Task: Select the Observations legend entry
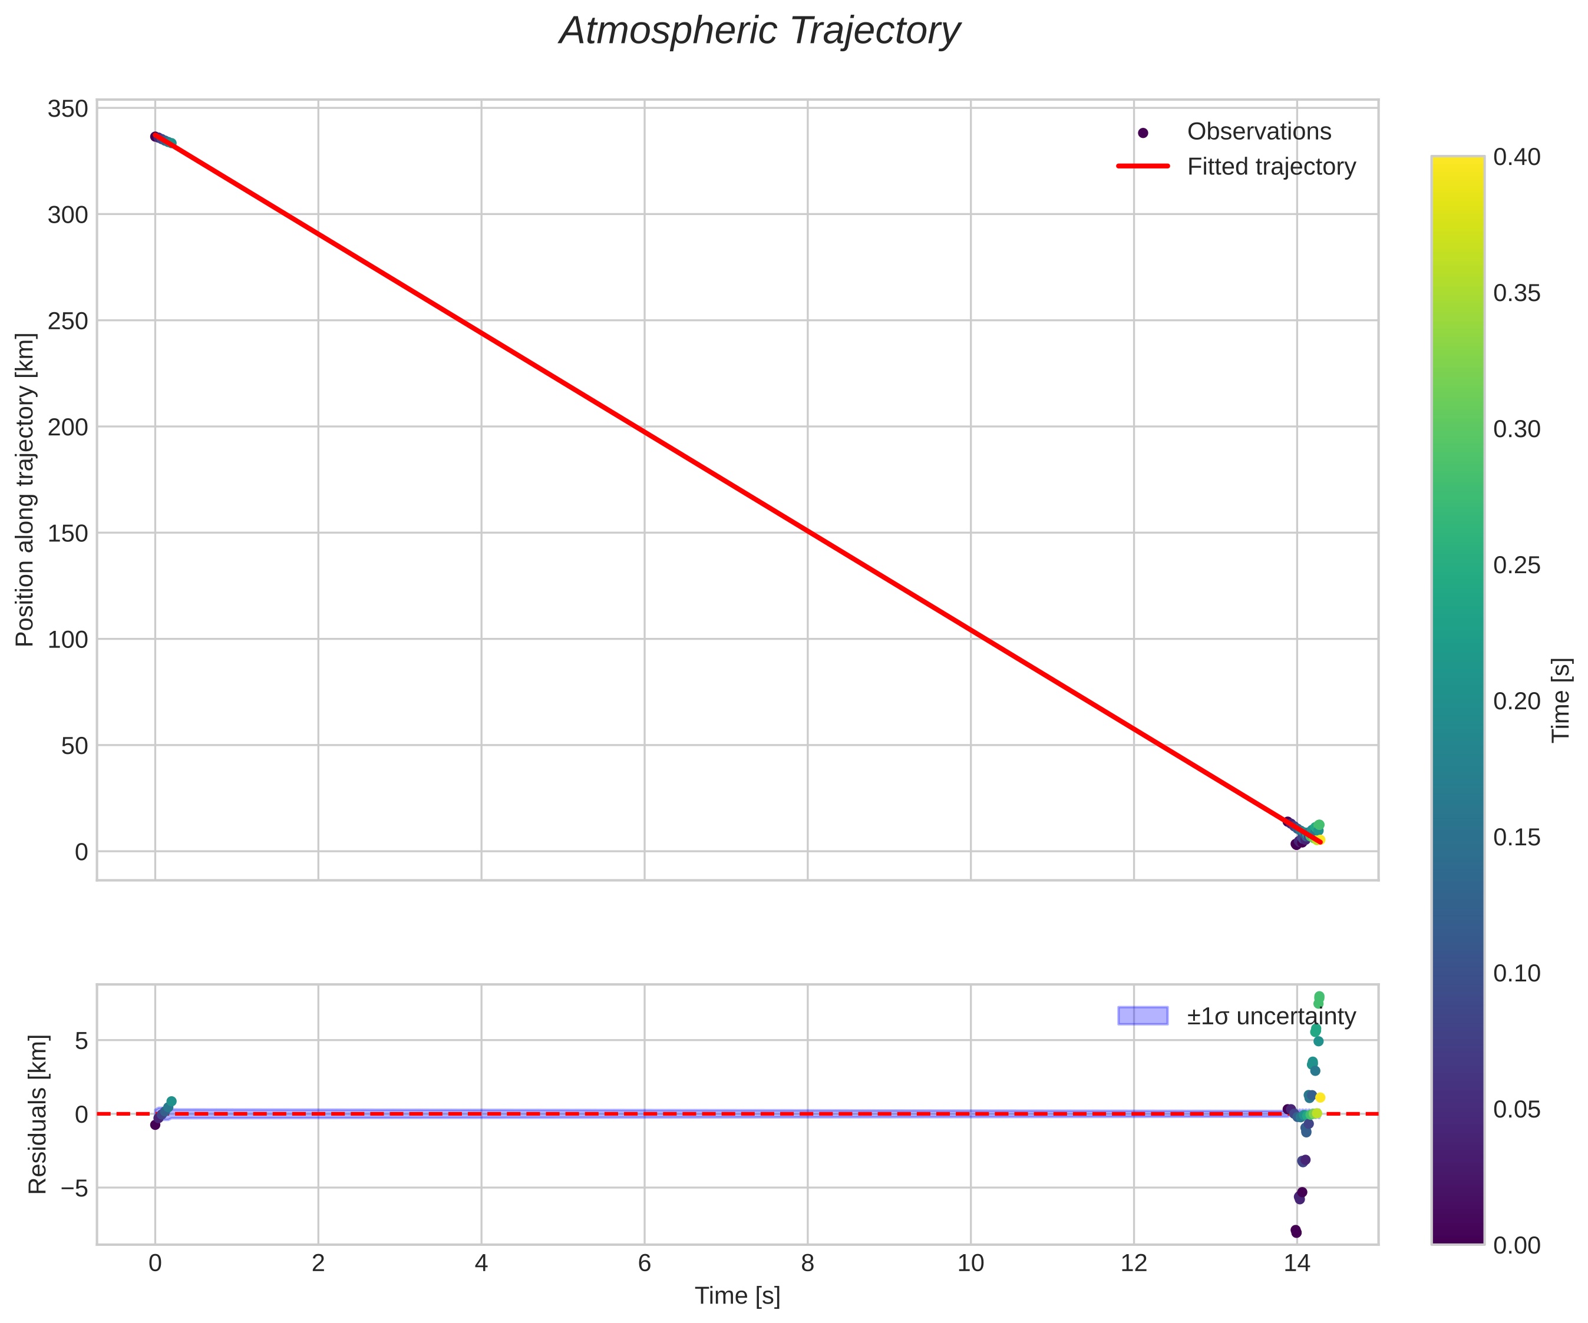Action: pyautogui.click(x=1258, y=131)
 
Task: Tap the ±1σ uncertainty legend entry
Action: pyautogui.click(x=1271, y=1016)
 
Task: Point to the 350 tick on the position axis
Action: pyautogui.click(x=68, y=109)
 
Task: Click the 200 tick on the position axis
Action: pyautogui.click(x=68, y=427)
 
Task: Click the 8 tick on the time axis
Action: pyautogui.click(x=808, y=1264)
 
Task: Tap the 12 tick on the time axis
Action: pyautogui.click(x=1134, y=1264)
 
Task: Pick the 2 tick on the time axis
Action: pyautogui.click(x=318, y=1264)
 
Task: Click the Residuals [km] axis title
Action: pyautogui.click(x=38, y=1114)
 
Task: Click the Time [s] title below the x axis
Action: pyautogui.click(x=737, y=1296)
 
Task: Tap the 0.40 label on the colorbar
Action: pyautogui.click(x=1516, y=157)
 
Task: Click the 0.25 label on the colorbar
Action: pyautogui.click(x=1516, y=565)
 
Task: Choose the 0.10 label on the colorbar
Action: pyautogui.click(x=1516, y=973)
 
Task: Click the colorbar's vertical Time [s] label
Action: pyautogui.click(x=1562, y=700)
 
